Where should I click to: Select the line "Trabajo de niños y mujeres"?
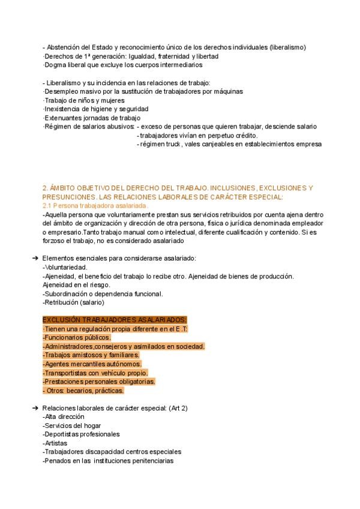(85, 100)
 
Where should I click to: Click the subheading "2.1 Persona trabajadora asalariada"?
(95, 206)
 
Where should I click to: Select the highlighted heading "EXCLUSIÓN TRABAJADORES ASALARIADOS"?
(115, 320)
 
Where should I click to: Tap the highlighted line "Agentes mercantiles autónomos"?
(92, 364)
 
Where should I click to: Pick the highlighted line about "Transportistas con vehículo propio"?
(95, 373)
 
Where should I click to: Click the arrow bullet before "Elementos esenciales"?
(34, 258)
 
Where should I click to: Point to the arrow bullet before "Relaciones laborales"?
(34, 408)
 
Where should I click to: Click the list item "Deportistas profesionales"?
(82, 434)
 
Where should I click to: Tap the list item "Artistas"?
(56, 443)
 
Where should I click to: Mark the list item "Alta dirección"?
(64, 417)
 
